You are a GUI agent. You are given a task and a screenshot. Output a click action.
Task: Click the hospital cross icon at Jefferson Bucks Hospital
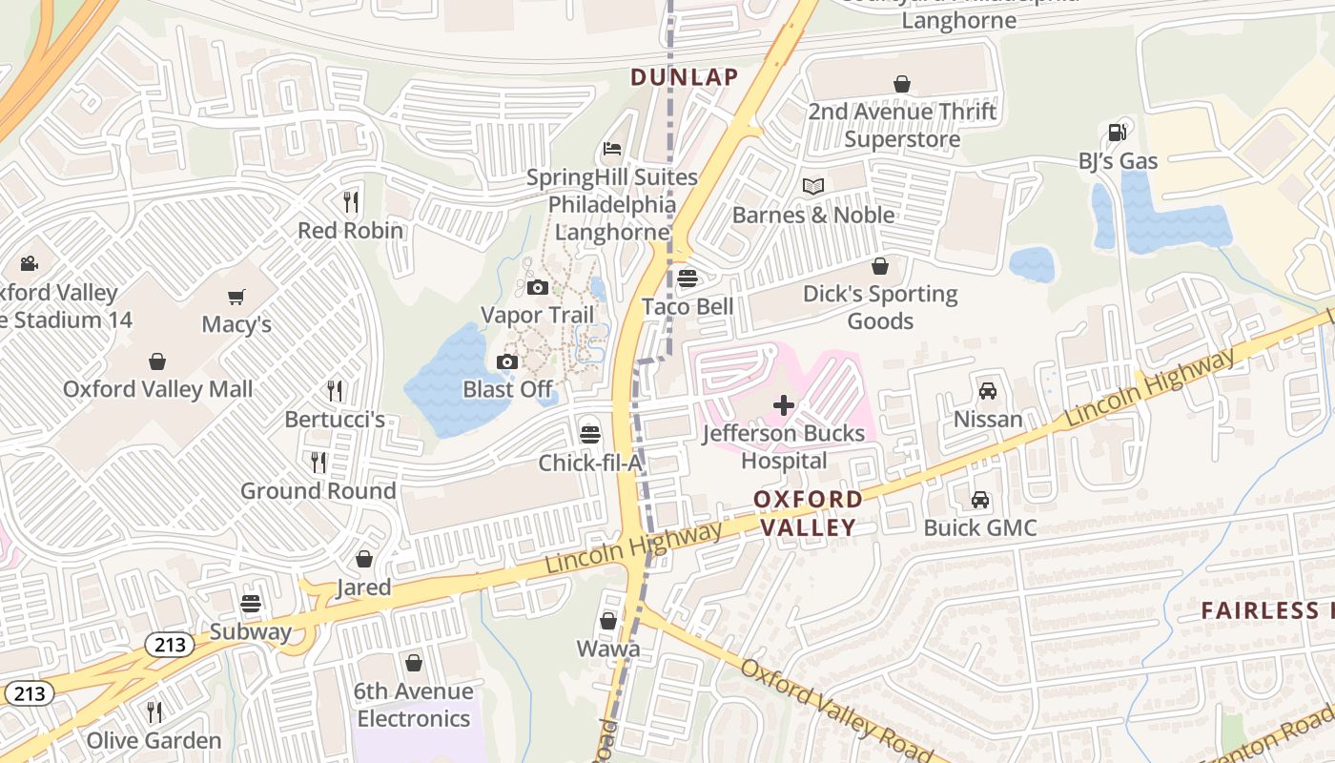(784, 405)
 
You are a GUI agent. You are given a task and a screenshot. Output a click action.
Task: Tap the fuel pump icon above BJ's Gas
(1117, 133)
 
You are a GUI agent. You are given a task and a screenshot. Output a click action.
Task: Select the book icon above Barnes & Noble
(812, 186)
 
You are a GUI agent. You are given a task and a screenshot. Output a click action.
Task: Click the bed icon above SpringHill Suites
(612, 150)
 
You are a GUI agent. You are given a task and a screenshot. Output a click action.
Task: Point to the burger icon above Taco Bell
(688, 278)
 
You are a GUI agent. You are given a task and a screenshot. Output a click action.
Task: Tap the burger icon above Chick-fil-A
(590, 435)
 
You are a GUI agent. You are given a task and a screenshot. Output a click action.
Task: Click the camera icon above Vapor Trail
(538, 287)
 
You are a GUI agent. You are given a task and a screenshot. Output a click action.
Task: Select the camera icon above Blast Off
(507, 361)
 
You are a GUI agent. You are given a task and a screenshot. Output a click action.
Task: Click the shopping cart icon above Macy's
(236, 297)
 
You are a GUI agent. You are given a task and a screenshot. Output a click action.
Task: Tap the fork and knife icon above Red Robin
(351, 201)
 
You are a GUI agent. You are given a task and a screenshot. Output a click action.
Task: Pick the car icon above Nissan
(988, 391)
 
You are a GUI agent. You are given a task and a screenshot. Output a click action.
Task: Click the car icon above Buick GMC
(979, 500)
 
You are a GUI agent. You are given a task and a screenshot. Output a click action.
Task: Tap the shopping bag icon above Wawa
(608, 622)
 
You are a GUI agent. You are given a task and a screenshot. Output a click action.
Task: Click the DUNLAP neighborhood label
(685, 77)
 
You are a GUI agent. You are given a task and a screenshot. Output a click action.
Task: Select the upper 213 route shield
(171, 646)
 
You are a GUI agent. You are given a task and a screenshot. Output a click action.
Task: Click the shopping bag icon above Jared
(363, 559)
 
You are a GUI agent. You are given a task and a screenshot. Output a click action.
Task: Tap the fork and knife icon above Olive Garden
(154, 711)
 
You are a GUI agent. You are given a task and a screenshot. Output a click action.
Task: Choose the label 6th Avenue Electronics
(413, 704)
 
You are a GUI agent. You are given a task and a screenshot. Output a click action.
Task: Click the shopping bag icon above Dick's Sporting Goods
(880, 266)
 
